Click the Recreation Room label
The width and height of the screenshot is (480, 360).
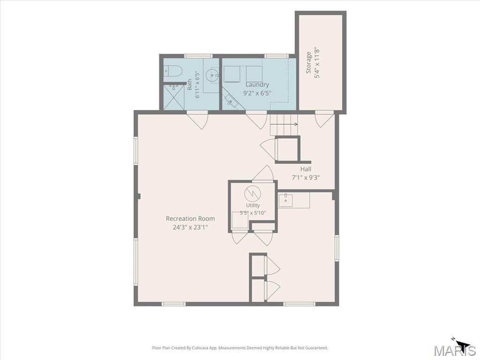click(x=190, y=218)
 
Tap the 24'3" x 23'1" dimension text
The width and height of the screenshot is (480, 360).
click(x=190, y=227)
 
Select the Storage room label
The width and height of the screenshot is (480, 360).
click(x=309, y=63)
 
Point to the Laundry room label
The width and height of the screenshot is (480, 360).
click(x=257, y=84)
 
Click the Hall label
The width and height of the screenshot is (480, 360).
click(x=306, y=169)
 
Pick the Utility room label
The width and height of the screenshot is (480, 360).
click(x=253, y=205)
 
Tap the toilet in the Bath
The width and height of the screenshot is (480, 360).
click(x=173, y=71)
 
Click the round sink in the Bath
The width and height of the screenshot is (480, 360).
click(x=212, y=75)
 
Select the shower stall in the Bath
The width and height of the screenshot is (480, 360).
click(x=174, y=97)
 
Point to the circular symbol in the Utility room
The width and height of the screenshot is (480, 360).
click(x=252, y=194)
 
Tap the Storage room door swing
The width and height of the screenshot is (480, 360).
click(x=324, y=120)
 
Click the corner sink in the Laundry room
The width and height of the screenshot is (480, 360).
click(x=232, y=100)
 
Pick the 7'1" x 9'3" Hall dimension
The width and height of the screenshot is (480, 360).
click(x=306, y=178)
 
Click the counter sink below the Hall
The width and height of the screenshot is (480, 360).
click(x=285, y=200)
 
